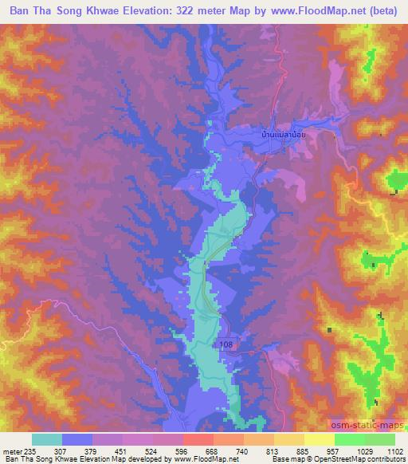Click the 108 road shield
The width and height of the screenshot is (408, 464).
pyautogui.click(x=226, y=344)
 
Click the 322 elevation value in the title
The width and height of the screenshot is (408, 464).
pyautogui.click(x=187, y=11)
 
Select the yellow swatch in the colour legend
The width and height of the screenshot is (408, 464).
pyautogui.click(x=319, y=439)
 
